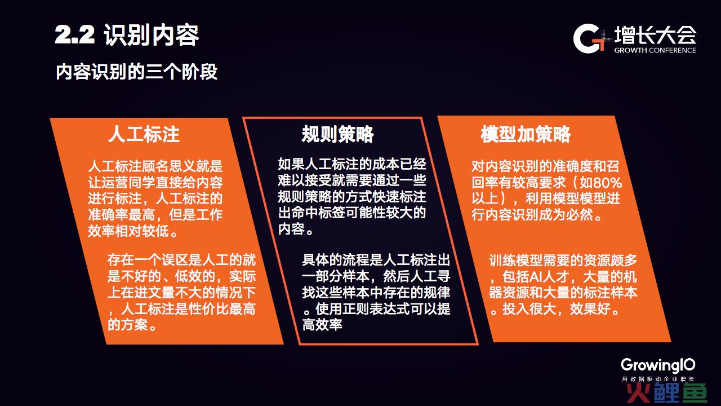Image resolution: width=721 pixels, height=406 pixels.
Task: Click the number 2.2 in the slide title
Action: (75, 35)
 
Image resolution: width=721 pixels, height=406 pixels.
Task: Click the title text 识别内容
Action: (152, 35)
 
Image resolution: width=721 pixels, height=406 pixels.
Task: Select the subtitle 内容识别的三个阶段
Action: (136, 72)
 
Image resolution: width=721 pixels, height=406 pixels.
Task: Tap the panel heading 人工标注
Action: (144, 134)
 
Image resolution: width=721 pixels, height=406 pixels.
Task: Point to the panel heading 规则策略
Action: (337, 134)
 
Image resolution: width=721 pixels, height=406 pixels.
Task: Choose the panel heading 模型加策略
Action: (526, 134)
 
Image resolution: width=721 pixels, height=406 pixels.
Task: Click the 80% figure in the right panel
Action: (607, 183)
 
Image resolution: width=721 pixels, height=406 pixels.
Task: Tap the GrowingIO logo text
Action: (658, 366)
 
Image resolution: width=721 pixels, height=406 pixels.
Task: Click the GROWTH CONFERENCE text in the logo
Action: (655, 50)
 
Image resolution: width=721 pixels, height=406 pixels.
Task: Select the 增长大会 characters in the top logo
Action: (655, 35)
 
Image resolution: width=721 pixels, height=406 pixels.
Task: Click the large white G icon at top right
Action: (586, 38)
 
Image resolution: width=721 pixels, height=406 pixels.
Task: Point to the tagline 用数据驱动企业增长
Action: (658, 379)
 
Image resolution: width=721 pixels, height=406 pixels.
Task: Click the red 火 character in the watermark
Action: (639, 393)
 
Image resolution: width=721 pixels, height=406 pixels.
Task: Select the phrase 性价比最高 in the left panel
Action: (222, 309)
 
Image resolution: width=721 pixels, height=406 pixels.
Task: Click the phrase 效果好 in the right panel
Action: (590, 309)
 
